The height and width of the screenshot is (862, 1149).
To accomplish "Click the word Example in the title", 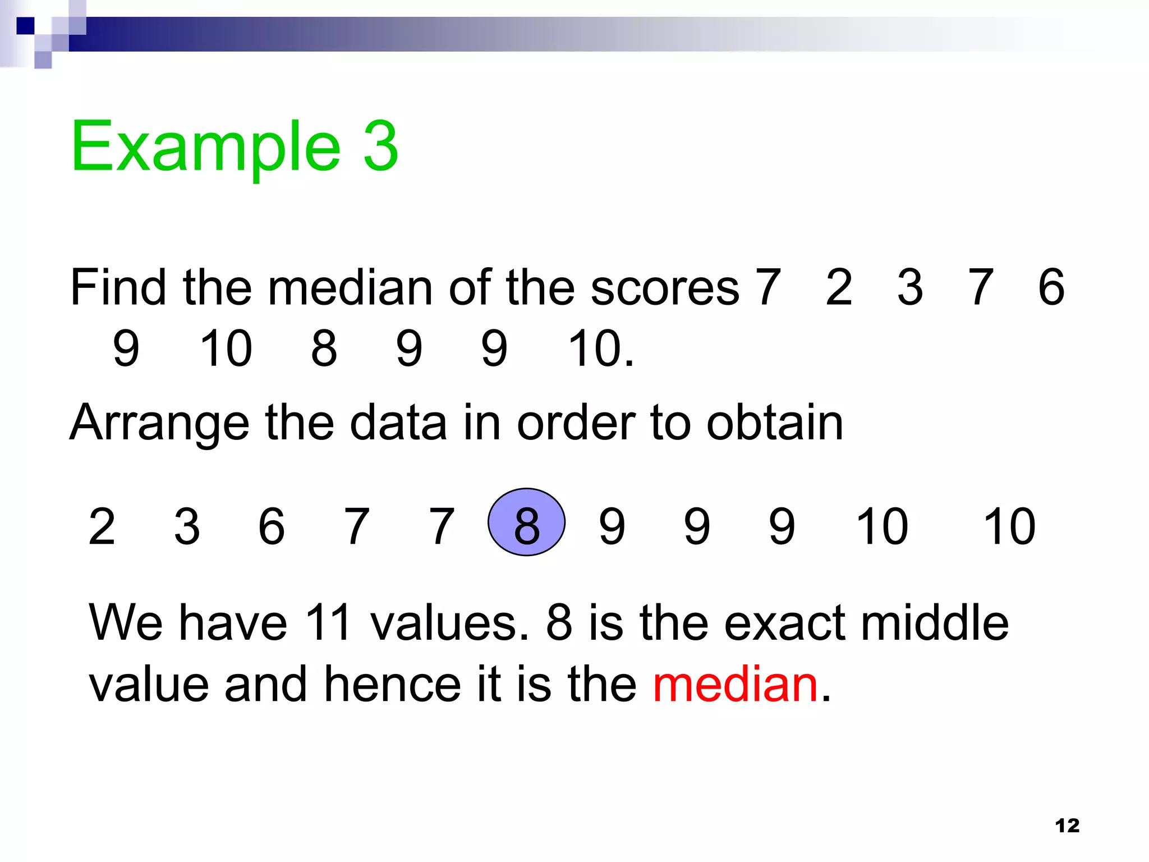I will [x=205, y=147].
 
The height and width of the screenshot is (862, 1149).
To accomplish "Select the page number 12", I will [x=1067, y=826].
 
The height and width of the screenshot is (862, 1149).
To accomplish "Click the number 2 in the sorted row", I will [x=102, y=526].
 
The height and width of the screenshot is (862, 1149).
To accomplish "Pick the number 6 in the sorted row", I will [x=272, y=526].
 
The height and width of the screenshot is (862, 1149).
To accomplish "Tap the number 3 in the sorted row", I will [x=187, y=526].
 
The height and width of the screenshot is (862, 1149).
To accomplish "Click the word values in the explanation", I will [x=449, y=623].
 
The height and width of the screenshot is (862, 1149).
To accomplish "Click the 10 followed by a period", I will [x=600, y=349].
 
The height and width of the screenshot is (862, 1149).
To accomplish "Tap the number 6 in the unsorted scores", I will [x=1051, y=287].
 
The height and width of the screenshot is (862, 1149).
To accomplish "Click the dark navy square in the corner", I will [x=26, y=26].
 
